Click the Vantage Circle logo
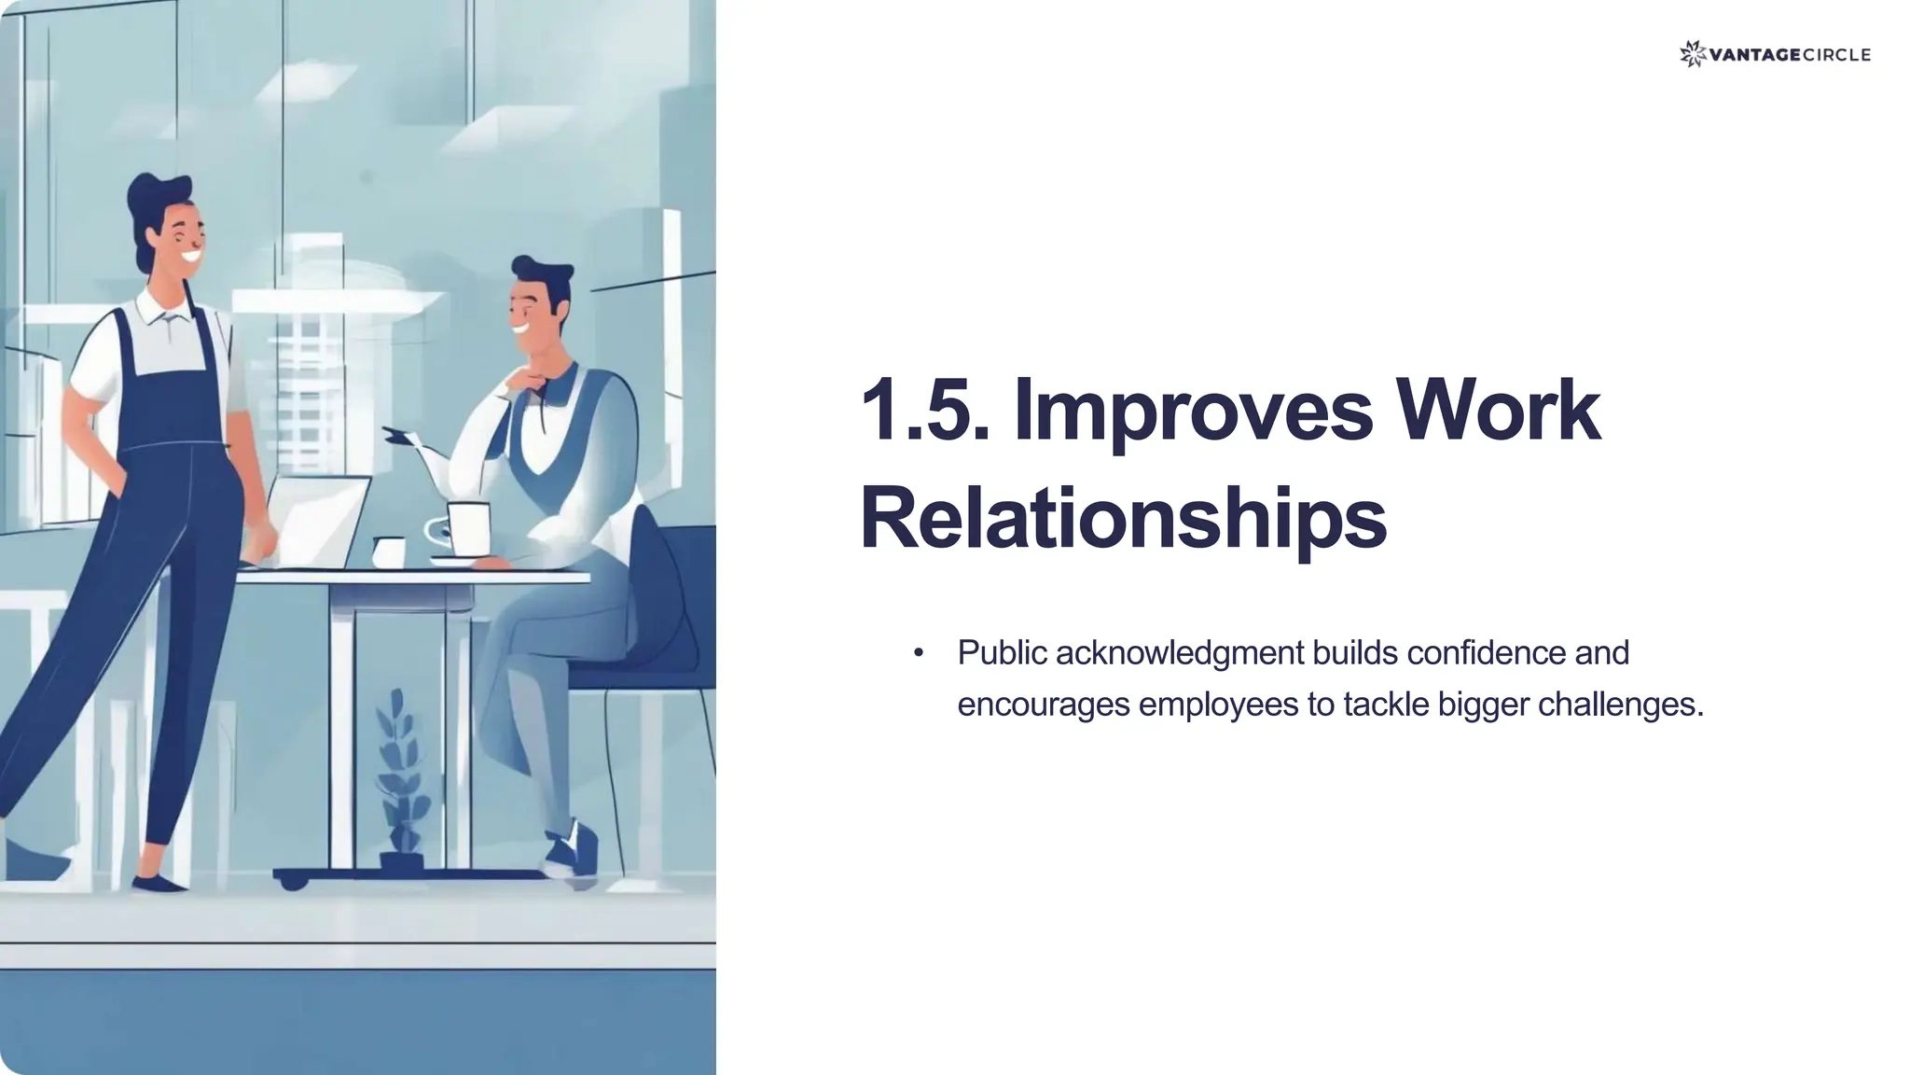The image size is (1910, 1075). pyautogui.click(x=1774, y=54)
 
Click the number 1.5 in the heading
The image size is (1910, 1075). pyautogui.click(x=923, y=411)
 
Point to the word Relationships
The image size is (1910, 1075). pyautogui.click(x=1122, y=519)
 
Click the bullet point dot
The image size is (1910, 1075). pyautogui.click(x=919, y=652)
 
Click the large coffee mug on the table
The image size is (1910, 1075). pyautogui.click(x=466, y=530)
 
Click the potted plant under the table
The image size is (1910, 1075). pyautogui.click(x=401, y=784)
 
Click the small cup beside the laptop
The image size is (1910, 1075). pyautogui.click(x=388, y=551)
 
